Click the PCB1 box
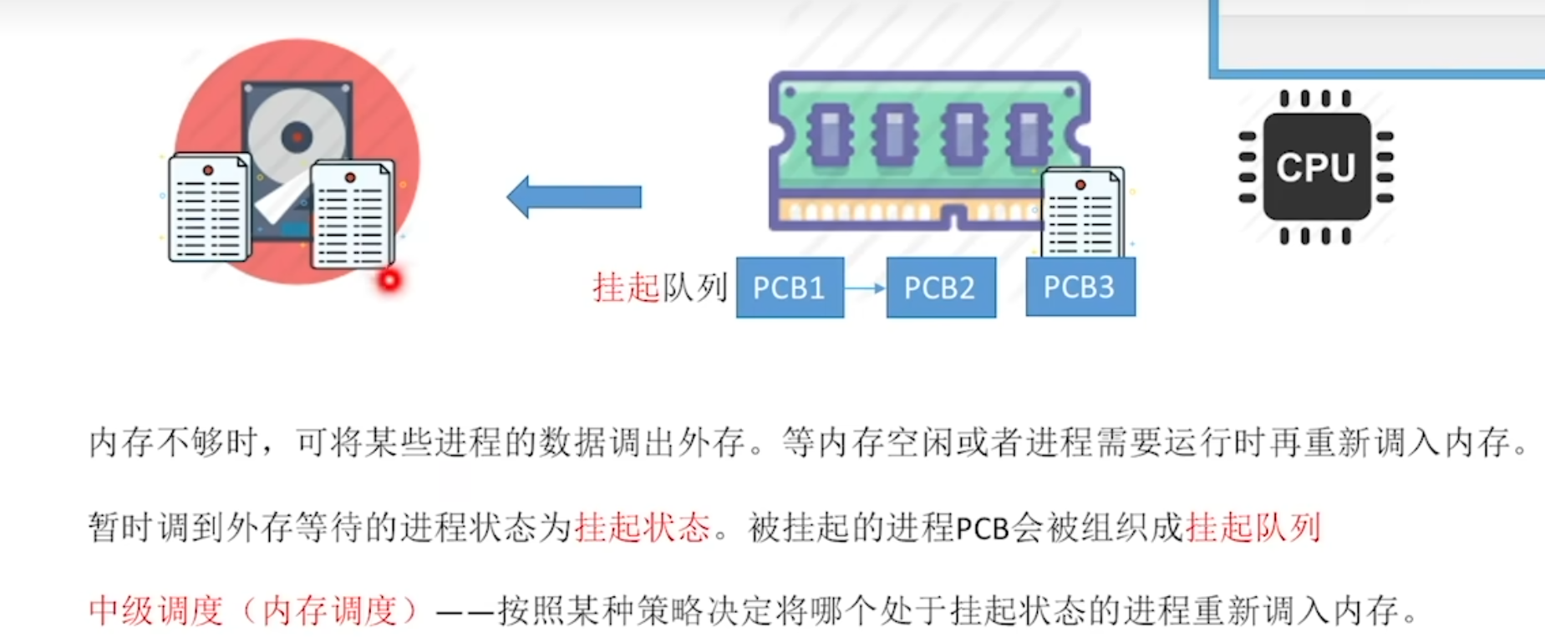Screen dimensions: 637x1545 [790, 288]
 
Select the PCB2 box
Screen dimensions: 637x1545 [941, 288]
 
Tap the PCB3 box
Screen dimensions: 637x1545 [1080, 287]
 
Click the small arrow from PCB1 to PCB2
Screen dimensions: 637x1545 [865, 288]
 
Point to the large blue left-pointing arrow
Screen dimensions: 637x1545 [574, 196]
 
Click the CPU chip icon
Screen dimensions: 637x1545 [1316, 167]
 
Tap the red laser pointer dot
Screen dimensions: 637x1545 [389, 279]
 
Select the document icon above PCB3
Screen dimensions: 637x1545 [1082, 213]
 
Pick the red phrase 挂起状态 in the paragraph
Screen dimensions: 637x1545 [642, 527]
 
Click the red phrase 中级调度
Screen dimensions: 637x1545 [156, 611]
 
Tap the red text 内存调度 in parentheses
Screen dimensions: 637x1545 [330, 611]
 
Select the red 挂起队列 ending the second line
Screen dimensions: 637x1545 [1253, 527]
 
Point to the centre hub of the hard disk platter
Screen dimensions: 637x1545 [296, 136]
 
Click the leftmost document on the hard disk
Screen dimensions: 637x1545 [209, 207]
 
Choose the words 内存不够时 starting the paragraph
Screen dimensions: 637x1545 [171, 441]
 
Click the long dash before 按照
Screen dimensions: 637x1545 [465, 614]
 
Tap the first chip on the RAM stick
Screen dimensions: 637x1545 [829, 134]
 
